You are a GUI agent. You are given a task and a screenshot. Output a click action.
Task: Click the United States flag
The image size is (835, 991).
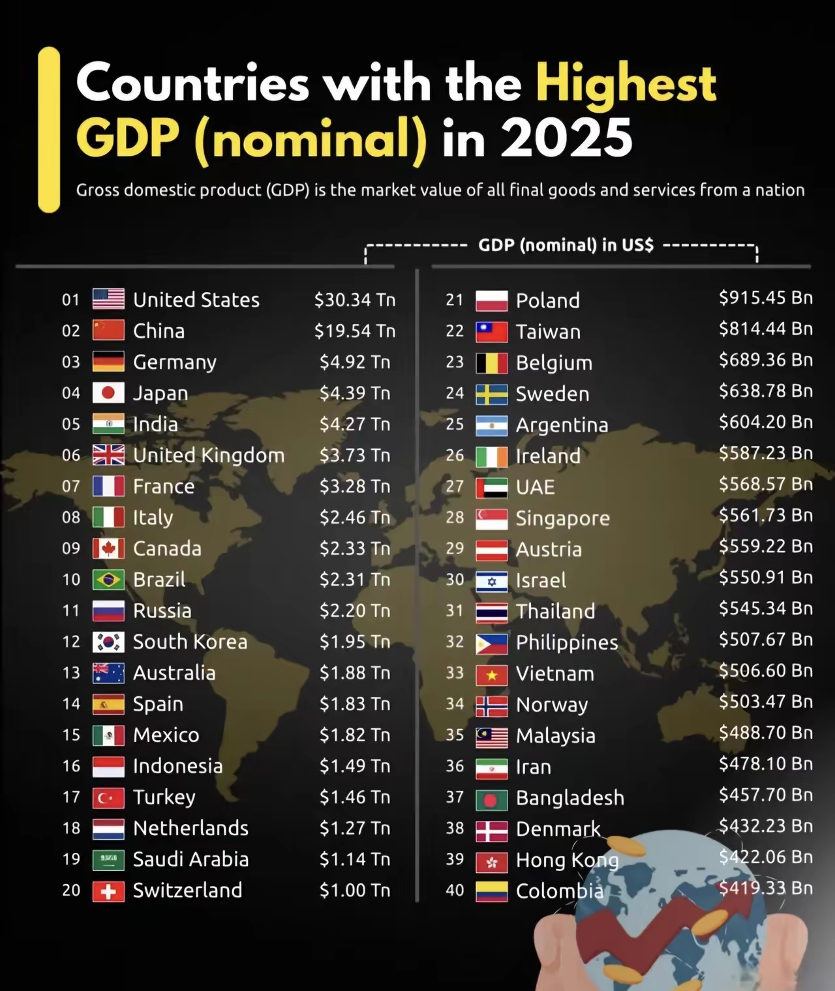108,299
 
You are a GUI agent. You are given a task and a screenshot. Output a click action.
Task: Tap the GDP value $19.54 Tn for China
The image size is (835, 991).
355,331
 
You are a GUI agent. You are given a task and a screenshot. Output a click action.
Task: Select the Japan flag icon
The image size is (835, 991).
108,392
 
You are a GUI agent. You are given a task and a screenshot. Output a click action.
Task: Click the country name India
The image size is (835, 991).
155,424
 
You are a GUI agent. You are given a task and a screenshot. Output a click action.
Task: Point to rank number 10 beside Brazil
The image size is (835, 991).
71,580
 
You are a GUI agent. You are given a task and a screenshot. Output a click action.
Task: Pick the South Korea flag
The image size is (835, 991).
108,642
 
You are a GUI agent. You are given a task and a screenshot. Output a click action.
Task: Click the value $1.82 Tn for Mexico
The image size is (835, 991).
355,735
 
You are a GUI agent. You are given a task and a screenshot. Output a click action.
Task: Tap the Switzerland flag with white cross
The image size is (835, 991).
108,891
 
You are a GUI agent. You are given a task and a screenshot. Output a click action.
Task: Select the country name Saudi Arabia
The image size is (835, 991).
190,860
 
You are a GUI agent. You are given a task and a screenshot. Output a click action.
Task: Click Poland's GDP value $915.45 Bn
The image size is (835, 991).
766,298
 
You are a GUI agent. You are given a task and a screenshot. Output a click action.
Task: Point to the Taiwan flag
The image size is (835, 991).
492,332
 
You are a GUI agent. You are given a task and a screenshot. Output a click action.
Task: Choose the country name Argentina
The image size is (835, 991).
562,425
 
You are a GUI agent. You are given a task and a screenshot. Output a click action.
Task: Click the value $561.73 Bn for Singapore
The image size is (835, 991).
766,516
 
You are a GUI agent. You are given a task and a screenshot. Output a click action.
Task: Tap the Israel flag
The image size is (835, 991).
492,580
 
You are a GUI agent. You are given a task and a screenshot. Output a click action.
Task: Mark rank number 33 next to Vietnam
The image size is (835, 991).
455,673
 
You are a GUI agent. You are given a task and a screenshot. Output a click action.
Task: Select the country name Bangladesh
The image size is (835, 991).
569,798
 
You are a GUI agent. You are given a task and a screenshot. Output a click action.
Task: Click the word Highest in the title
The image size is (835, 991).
626,83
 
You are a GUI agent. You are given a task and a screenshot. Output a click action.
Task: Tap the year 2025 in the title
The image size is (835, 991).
567,138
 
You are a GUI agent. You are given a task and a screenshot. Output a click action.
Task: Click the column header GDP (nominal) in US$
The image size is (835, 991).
566,245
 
